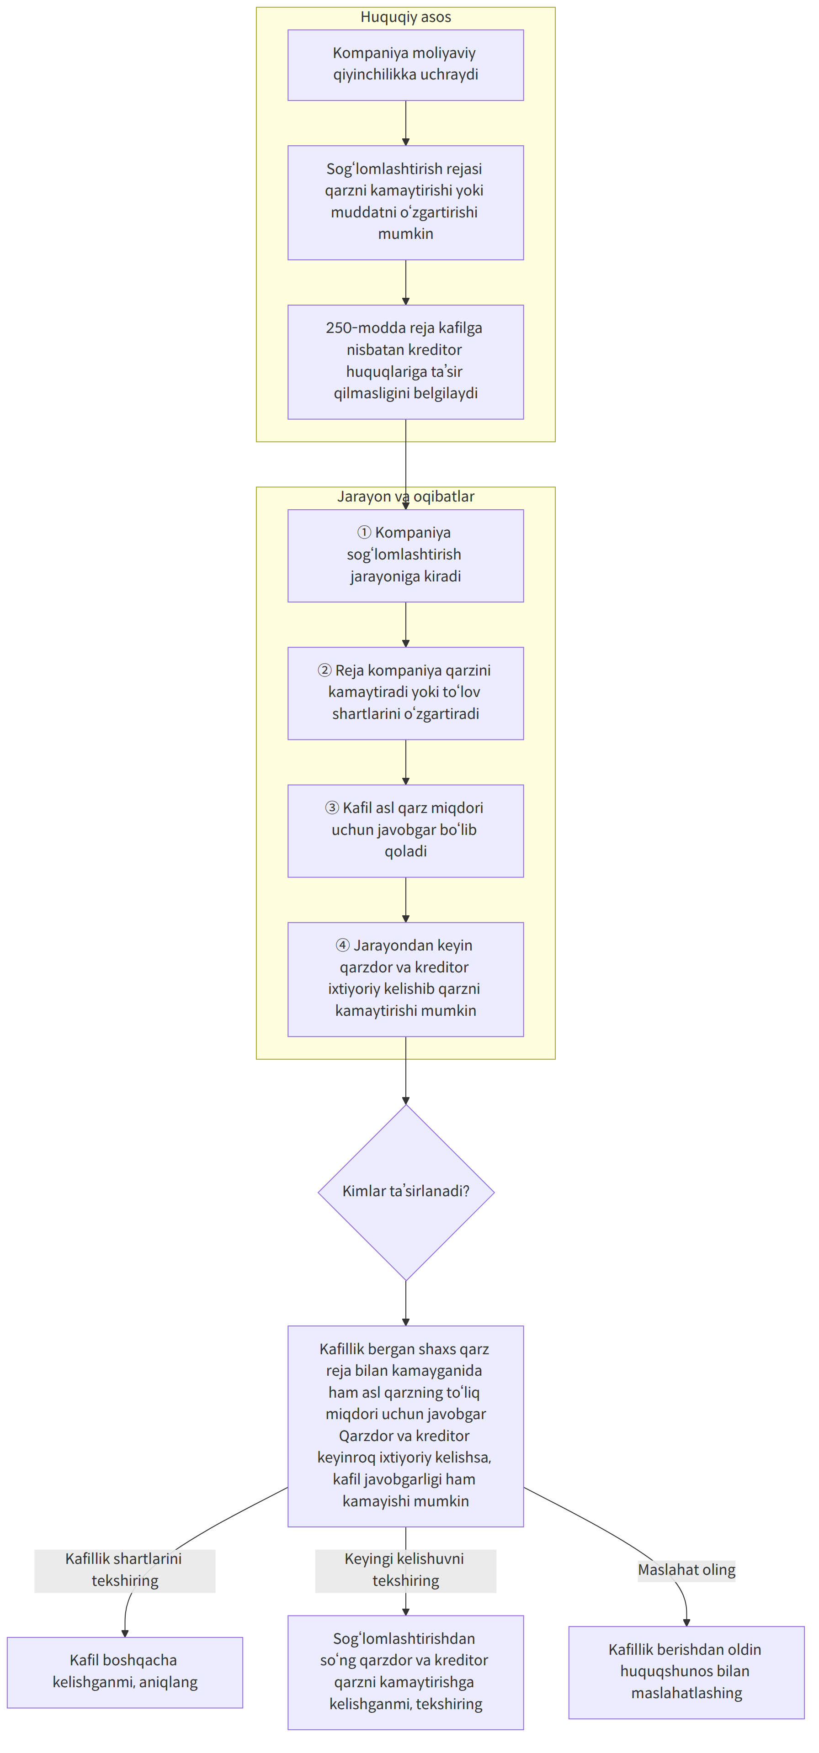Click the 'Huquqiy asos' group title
click(406, 17)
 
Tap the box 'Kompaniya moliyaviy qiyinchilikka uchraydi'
click(406, 65)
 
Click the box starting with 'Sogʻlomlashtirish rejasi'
click(406, 203)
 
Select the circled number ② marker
click(325, 671)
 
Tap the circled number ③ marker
click(332, 808)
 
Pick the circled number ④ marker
click(343, 945)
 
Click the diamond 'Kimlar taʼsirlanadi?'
click(406, 1192)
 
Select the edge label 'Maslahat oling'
click(686, 1570)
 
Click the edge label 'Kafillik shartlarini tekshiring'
click(125, 1570)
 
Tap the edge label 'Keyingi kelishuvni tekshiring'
click(406, 1570)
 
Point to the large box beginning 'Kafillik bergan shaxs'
click(406, 1426)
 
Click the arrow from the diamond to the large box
click(406, 1303)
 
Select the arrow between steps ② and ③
click(406, 762)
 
